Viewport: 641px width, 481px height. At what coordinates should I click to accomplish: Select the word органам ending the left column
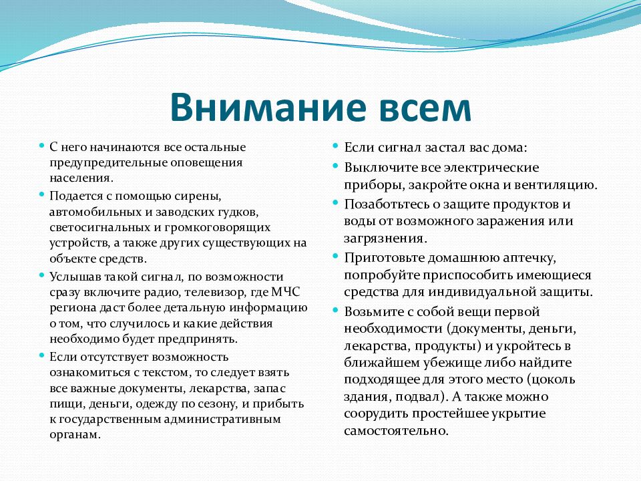(x=75, y=435)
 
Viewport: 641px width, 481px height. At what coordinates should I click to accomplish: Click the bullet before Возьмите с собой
(x=337, y=311)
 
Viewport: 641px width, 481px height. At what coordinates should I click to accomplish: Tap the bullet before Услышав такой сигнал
(x=41, y=275)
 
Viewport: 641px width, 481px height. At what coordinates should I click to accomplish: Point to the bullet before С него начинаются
(x=41, y=146)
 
